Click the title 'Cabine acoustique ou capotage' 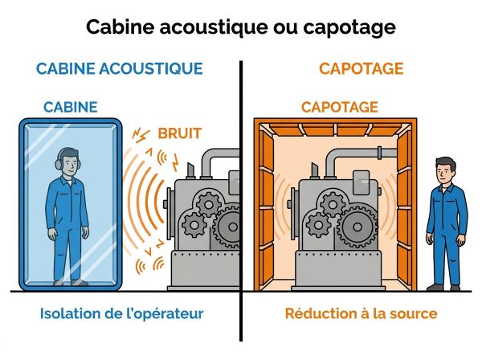pos(241,27)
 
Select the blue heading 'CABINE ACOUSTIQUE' pos(119,68)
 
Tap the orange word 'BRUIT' pos(178,133)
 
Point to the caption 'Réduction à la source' pos(361,313)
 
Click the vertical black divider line pos(241,201)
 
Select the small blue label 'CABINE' pos(71,107)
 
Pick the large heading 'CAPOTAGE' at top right pos(361,68)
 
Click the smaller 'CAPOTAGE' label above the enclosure pos(340,107)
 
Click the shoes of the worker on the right pos(446,286)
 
